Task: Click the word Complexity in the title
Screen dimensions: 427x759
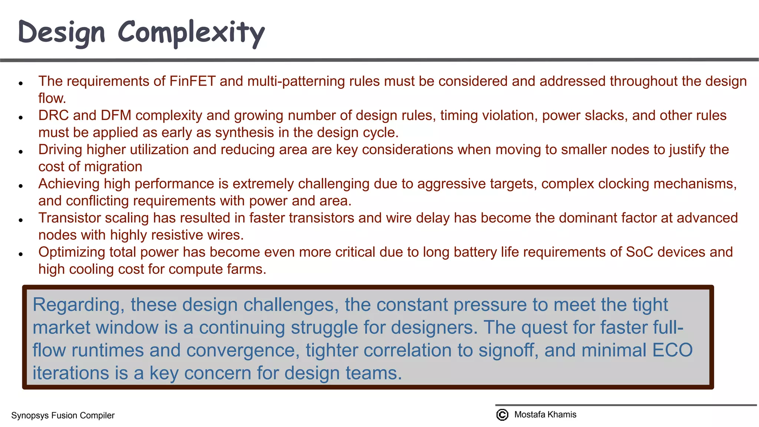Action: [x=191, y=33]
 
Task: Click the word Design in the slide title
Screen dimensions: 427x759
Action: [x=62, y=33]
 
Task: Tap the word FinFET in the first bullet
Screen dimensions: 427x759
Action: [x=192, y=81]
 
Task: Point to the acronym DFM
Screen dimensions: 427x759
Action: [x=116, y=115]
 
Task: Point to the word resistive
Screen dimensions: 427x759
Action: [x=177, y=235]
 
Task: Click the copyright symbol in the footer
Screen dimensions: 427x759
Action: [x=502, y=414]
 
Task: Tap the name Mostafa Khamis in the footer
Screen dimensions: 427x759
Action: [x=545, y=414]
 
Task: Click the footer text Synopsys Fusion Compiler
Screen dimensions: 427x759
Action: [x=63, y=416]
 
